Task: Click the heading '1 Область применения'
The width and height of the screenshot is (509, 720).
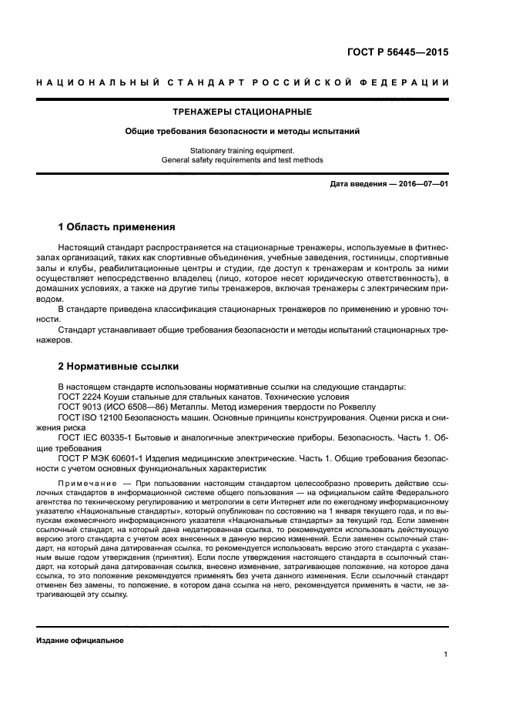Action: point(117,227)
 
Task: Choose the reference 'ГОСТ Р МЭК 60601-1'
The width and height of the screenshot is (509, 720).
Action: point(97,457)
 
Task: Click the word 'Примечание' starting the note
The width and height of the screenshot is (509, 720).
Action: point(81,481)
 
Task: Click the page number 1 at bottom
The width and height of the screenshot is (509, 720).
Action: point(446,655)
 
